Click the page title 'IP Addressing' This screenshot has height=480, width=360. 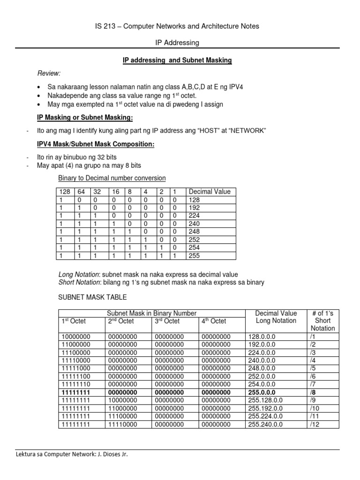177,43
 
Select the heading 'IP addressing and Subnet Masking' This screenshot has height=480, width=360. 177,61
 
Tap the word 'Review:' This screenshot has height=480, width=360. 49,74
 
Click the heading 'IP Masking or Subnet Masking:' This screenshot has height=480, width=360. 85,117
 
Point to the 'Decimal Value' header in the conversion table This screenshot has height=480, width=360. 209,192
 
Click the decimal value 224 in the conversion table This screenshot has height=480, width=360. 194,216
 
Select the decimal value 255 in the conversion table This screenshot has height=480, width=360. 194,255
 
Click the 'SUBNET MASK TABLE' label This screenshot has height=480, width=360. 92,297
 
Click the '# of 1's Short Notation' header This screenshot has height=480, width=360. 323,321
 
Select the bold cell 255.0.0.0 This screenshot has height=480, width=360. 263,392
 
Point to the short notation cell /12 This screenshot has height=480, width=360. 314,424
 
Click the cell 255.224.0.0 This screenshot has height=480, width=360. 266,416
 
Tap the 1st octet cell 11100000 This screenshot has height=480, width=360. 75,352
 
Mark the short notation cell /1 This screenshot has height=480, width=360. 313,336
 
